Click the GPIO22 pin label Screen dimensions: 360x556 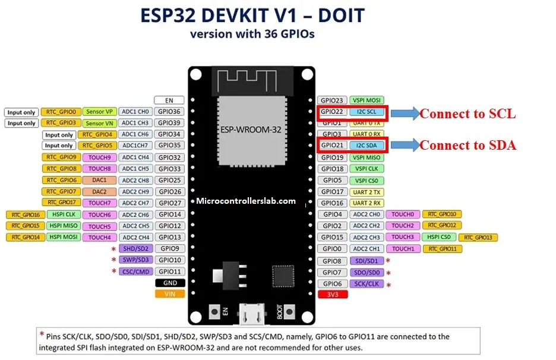point(332,112)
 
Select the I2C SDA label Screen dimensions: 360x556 point(366,146)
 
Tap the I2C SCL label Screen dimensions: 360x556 point(366,112)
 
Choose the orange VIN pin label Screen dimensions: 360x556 point(169,293)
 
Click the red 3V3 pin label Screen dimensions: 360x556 point(332,295)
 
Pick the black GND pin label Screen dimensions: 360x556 point(169,283)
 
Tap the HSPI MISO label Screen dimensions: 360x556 point(64,226)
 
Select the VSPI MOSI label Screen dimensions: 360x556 point(366,100)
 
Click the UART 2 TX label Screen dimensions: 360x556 point(366,191)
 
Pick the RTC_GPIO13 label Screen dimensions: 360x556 point(478,238)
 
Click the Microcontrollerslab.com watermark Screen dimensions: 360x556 point(245,201)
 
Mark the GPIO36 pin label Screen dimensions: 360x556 point(169,112)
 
